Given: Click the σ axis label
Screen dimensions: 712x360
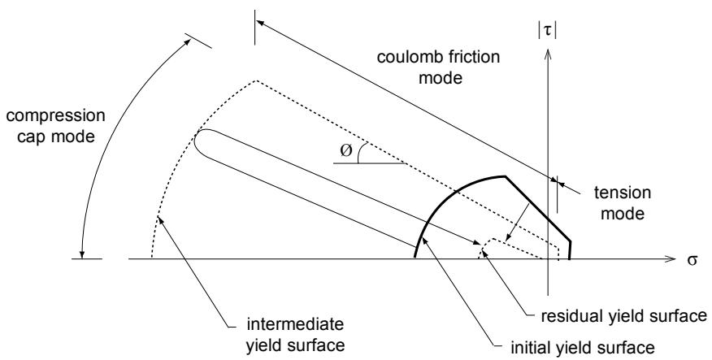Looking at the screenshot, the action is tap(692, 260).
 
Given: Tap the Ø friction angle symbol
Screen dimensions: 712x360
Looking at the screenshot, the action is tap(345, 150).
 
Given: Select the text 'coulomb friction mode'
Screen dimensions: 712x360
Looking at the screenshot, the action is tap(439, 67).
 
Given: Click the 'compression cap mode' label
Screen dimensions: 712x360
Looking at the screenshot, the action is tap(55, 126).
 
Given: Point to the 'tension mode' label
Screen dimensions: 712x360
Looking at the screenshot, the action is tap(622, 203).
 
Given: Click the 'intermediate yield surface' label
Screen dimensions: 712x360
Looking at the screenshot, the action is tap(295, 335).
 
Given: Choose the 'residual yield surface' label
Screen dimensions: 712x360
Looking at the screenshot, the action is tap(624, 316).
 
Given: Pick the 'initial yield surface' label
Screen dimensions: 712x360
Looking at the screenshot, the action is tap(583, 348).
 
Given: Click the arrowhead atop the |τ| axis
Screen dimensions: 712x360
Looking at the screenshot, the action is tap(548, 54).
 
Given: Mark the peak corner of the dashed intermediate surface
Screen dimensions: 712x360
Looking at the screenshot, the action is tap(257, 80).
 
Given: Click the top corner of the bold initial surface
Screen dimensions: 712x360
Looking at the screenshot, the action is tap(505, 176).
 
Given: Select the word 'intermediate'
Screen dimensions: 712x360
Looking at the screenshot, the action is tap(295, 325).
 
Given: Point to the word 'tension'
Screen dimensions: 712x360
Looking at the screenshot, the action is tap(622, 193).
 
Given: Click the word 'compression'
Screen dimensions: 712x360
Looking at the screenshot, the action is tap(55, 116).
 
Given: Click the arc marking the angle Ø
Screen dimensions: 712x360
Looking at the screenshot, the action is tap(358, 153).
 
